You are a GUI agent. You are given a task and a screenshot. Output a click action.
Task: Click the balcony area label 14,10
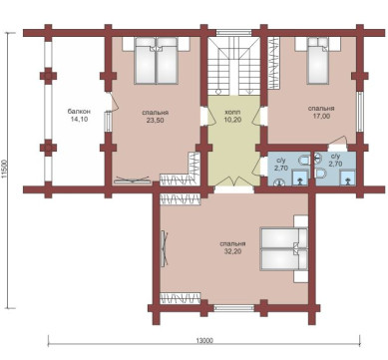click(x=79, y=119)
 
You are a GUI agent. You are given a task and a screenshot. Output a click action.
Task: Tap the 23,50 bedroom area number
click(x=155, y=120)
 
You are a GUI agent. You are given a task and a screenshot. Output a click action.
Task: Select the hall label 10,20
click(x=232, y=120)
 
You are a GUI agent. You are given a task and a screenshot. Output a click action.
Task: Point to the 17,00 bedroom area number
click(x=321, y=116)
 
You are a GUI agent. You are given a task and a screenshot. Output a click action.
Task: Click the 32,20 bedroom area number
click(x=232, y=251)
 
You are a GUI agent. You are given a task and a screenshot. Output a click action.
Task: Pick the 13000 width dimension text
click(x=204, y=340)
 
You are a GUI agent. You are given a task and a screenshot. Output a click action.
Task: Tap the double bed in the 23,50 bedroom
click(x=156, y=60)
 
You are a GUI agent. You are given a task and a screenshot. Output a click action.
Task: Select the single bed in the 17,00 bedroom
click(x=318, y=60)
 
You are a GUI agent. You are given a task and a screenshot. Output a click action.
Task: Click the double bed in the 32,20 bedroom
click(x=283, y=248)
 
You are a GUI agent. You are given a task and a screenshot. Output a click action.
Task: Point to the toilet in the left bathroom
click(x=303, y=161)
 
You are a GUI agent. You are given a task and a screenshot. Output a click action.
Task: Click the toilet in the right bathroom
click(x=320, y=174)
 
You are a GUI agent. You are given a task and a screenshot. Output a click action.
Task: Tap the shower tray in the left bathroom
click(x=300, y=178)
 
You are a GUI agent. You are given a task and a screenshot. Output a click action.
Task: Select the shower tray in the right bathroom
click(x=348, y=178)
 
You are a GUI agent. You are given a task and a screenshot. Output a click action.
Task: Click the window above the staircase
click(x=233, y=33)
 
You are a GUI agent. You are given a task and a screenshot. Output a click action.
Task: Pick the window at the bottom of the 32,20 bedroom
click(x=234, y=308)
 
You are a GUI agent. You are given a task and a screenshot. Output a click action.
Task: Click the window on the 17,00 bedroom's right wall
click(x=360, y=112)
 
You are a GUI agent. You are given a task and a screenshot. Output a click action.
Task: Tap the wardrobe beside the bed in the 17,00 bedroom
click(x=274, y=63)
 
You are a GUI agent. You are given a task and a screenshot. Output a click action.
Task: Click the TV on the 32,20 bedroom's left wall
click(x=165, y=248)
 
